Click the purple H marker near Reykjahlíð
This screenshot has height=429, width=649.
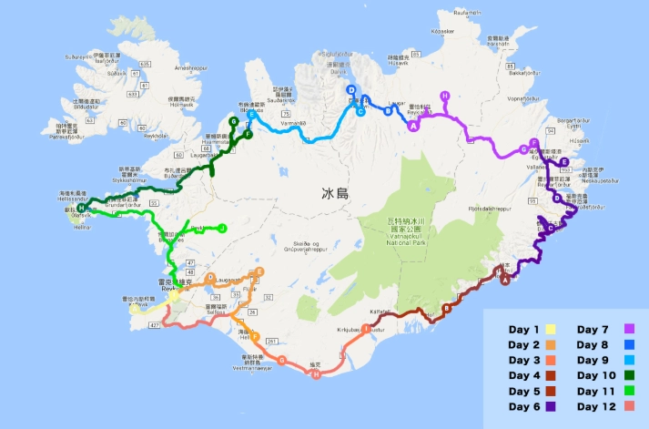pos(445,97)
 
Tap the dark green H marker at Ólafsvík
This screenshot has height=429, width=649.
pos(82,209)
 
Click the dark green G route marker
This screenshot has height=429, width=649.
pos(234,121)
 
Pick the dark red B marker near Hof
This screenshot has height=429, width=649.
pos(446,308)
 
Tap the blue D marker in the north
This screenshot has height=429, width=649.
pos(350,89)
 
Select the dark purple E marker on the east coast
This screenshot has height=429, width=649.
pos(564,163)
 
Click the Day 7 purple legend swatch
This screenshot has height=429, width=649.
pos(628,329)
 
